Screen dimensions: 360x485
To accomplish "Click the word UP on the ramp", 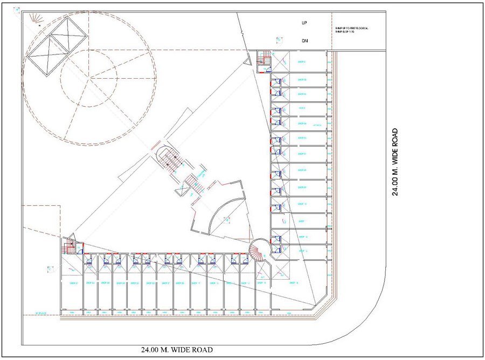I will click(x=304, y=23).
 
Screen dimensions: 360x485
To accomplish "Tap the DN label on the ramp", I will click(x=304, y=40).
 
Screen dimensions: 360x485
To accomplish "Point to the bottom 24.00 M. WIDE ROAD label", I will click(x=177, y=350).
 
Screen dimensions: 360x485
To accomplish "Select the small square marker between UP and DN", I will click(x=279, y=39).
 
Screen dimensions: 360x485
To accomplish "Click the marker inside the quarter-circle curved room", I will click(x=227, y=219).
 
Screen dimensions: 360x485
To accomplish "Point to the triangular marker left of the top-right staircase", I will click(x=247, y=63).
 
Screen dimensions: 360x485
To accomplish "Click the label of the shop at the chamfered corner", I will click(x=294, y=282).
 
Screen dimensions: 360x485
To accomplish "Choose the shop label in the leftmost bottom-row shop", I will click(x=74, y=282).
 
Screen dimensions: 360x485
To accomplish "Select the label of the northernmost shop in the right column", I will click(x=302, y=62).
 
